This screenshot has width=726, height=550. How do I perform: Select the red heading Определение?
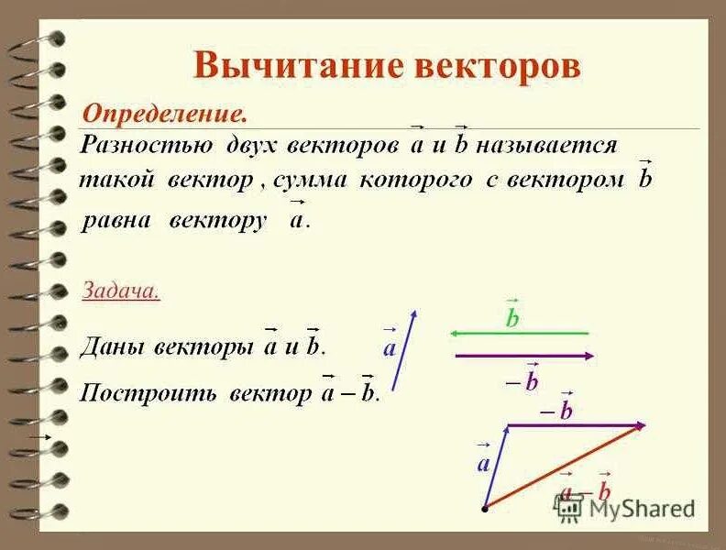coord(165,115)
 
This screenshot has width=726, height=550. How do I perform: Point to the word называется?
coord(547,146)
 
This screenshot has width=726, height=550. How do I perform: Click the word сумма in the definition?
coord(309,180)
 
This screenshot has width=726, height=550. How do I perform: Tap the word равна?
coord(117,221)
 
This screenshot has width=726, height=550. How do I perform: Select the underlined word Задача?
coord(121,291)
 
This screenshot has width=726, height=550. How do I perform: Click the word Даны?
coord(111,348)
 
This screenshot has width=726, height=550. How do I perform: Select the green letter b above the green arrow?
coord(512,317)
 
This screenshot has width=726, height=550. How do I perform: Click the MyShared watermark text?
coord(642,508)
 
